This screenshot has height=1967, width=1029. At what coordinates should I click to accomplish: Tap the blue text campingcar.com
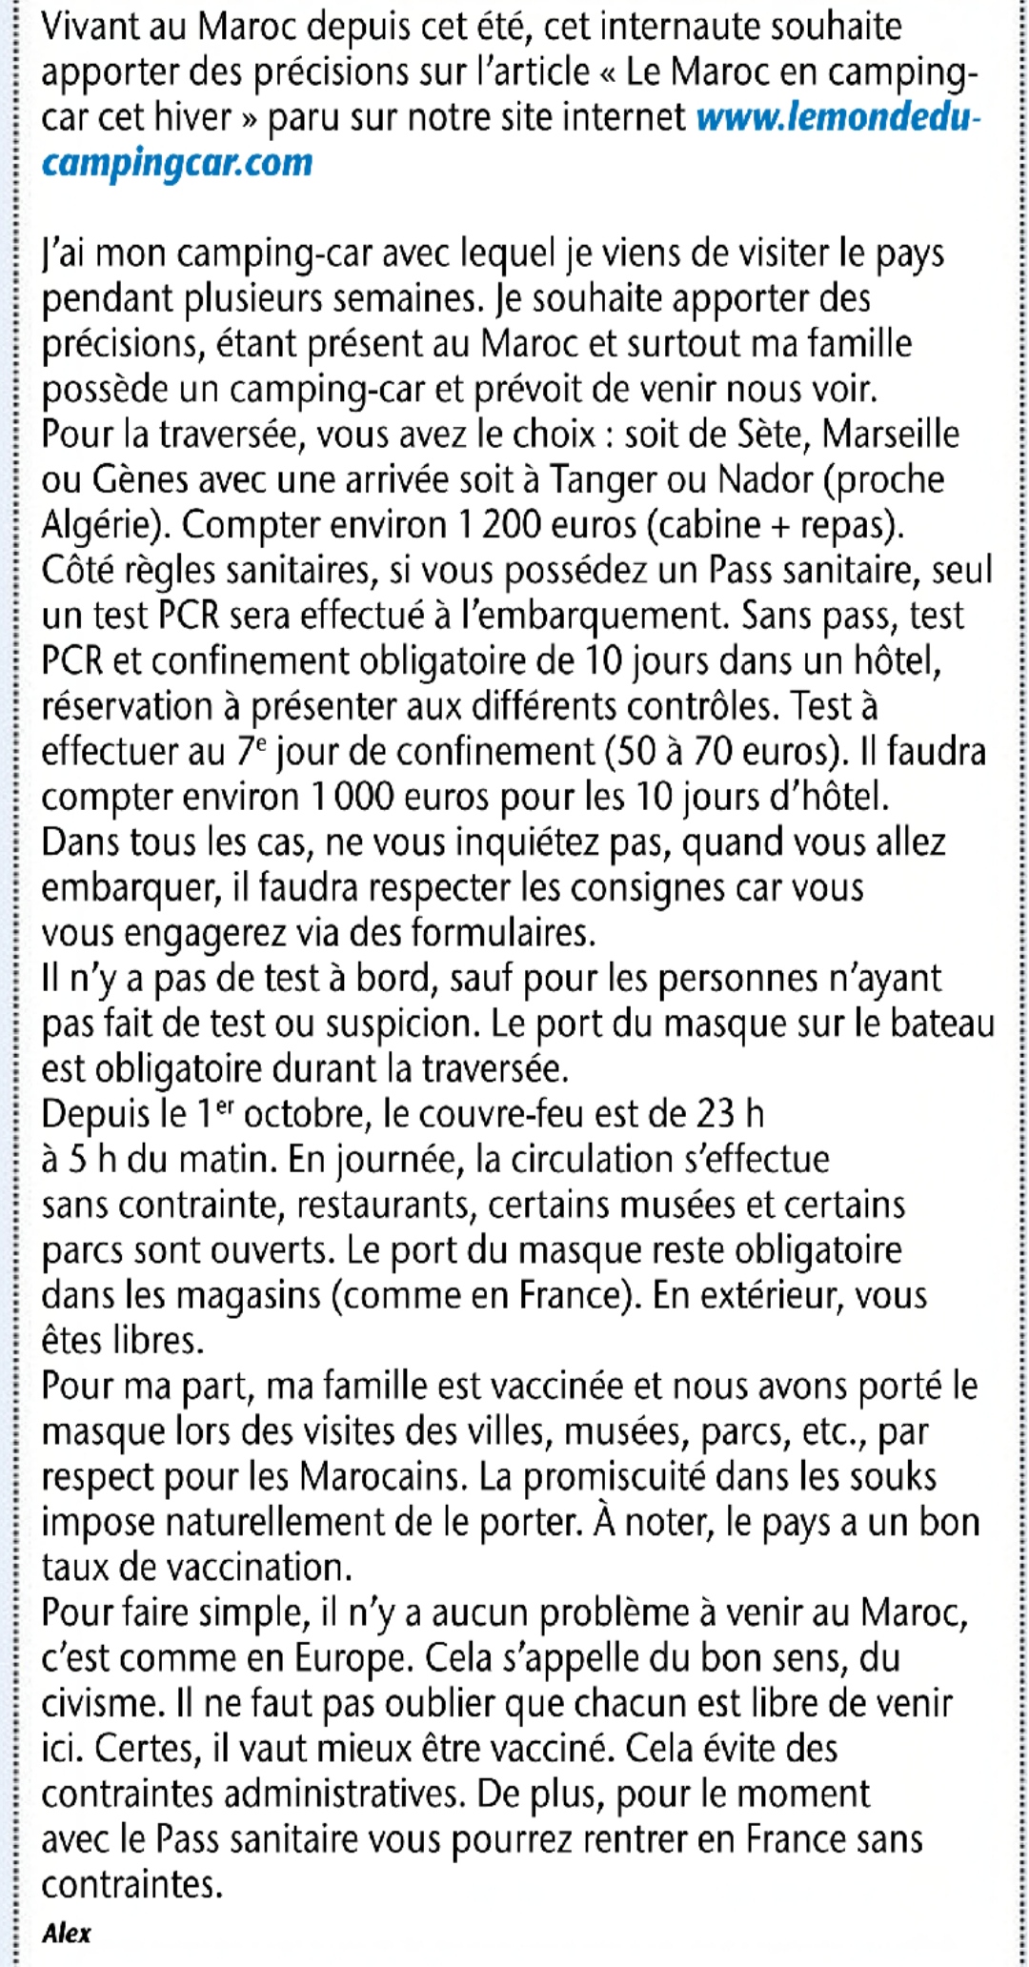(177, 163)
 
